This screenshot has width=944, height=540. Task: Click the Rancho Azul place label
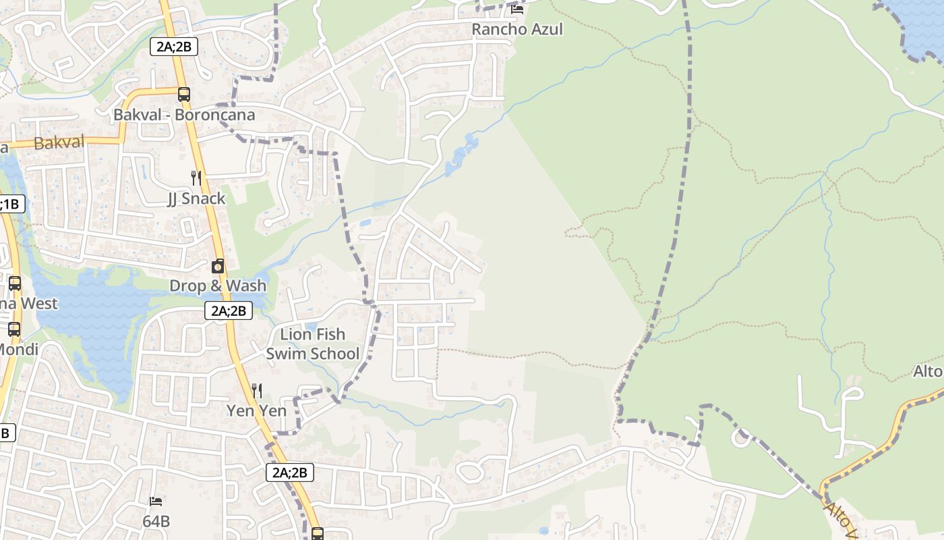coord(517,29)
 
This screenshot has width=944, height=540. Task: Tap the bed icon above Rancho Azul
coord(517,9)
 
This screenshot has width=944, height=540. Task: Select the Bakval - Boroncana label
coord(184,115)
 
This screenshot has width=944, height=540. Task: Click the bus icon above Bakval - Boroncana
coord(184,94)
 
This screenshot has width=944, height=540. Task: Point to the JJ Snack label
coord(196,198)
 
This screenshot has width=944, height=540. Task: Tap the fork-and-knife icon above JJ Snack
coord(196,178)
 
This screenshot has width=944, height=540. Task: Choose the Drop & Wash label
coord(218,286)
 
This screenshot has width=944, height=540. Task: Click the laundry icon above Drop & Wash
coord(218,267)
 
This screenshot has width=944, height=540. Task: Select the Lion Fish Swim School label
coord(313,344)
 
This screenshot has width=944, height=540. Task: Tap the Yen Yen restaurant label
coord(256,410)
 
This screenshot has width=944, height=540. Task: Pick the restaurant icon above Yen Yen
coord(256,390)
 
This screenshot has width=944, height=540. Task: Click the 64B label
coord(156,521)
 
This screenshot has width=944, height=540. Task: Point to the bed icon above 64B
coord(156,502)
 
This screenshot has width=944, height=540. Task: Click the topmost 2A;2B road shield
coord(173,47)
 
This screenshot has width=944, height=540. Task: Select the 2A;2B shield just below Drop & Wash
coord(229,310)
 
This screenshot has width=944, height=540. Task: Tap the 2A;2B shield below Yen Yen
coord(290,473)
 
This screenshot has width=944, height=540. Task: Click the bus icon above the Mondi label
coord(14,329)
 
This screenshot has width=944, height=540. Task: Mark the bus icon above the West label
coord(14,283)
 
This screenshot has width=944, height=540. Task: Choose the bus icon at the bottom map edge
coord(318,533)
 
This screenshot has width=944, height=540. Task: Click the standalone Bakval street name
coord(59,142)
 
